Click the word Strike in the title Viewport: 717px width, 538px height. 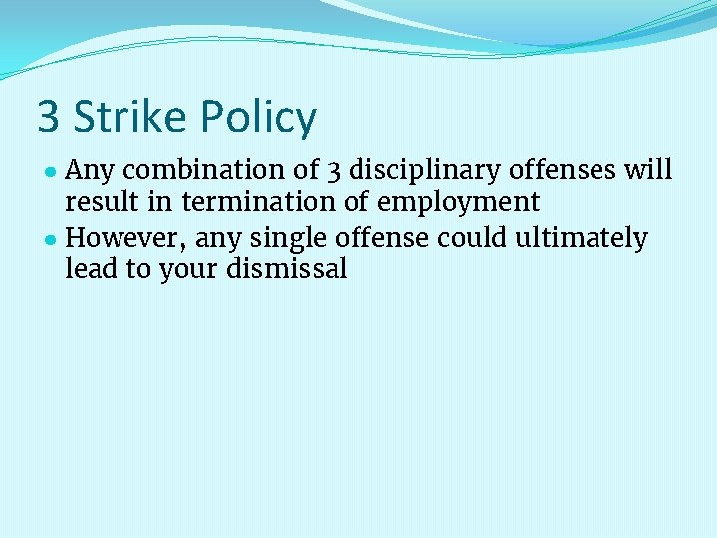pos(130,118)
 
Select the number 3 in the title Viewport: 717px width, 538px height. pos(48,118)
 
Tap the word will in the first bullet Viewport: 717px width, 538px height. pos(648,170)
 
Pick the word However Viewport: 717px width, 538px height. pos(127,239)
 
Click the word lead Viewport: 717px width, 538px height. pos(89,270)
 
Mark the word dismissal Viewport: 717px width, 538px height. pos(287,270)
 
